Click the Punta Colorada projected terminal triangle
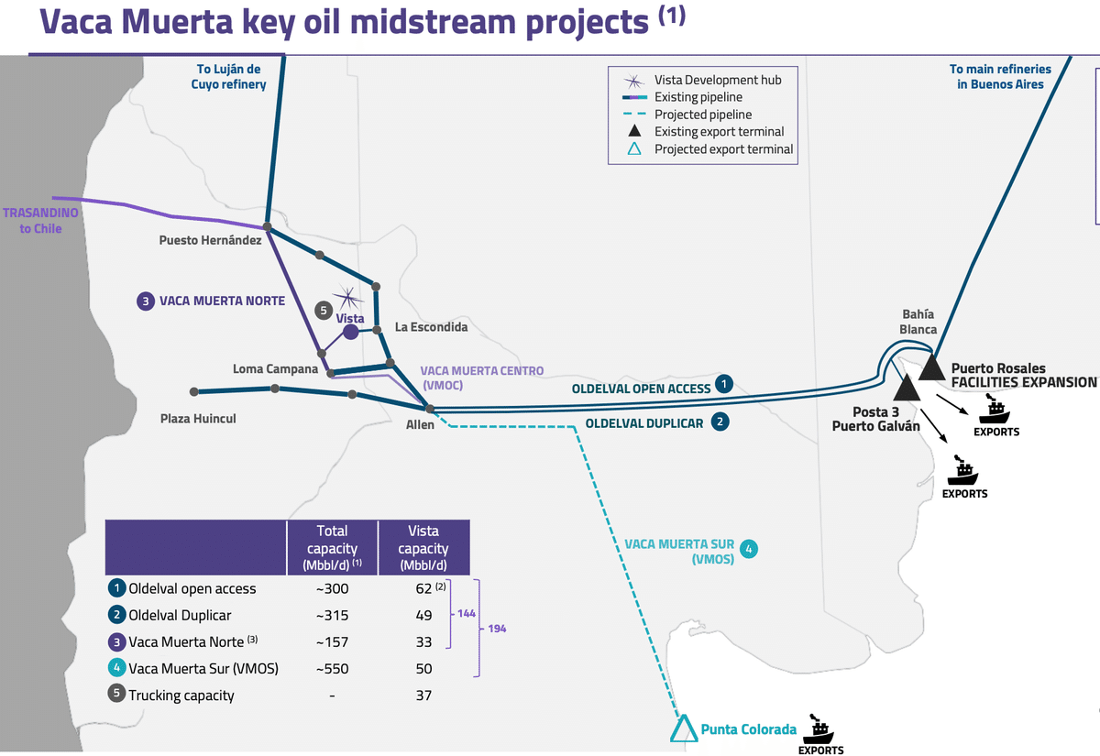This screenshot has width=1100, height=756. click(x=684, y=729)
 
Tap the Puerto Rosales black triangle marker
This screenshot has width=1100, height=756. click(x=931, y=368)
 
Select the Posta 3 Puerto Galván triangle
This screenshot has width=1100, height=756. click(x=907, y=389)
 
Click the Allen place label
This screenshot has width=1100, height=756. click(x=420, y=424)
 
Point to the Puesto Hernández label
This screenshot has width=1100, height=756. click(x=210, y=240)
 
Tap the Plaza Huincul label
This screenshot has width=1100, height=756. click(x=198, y=418)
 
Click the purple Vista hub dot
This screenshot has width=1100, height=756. click(x=350, y=332)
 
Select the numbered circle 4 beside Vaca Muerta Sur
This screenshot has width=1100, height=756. click(x=748, y=549)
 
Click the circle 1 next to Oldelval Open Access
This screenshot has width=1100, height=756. click(x=724, y=384)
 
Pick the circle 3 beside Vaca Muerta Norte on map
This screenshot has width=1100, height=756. click(x=146, y=301)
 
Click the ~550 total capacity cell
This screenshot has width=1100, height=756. click(x=333, y=669)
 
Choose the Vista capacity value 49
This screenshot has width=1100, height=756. click(x=423, y=615)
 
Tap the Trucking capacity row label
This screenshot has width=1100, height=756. click(x=181, y=696)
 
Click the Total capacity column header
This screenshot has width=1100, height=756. click(x=333, y=548)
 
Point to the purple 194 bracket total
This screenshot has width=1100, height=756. click(x=497, y=629)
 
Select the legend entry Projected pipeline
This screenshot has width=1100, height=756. click(x=703, y=115)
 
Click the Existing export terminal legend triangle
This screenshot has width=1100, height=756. click(x=634, y=130)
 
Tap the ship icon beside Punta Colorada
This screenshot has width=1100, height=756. click(x=818, y=729)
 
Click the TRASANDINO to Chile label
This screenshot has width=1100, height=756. click(x=40, y=221)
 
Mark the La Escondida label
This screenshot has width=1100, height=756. click(x=431, y=327)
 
